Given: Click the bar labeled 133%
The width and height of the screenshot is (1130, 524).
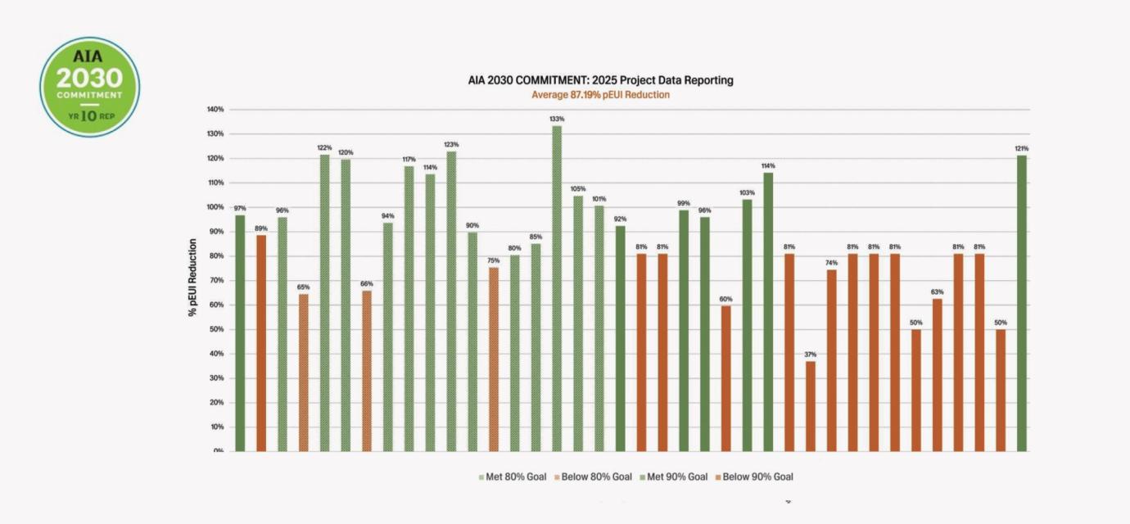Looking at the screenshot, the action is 557,288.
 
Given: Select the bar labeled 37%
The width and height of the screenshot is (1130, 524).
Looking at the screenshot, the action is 810,406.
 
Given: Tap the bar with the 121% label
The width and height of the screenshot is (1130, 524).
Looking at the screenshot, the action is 1022,303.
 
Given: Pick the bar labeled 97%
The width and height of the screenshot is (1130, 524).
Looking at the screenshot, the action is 240,333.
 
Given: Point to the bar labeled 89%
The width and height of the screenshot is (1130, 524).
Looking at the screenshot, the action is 261,343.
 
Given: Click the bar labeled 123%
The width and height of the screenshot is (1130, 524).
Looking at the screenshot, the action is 451,301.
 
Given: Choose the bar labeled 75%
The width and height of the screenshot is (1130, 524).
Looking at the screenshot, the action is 494,359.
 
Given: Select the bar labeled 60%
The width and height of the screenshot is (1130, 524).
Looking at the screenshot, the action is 725,378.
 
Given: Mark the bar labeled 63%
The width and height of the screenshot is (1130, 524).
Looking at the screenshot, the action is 937,375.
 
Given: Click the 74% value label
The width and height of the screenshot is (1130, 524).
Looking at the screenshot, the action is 831,263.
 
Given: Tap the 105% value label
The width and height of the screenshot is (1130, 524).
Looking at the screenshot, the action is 578,188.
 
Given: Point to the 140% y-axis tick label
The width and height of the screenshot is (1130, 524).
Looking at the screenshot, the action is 215,109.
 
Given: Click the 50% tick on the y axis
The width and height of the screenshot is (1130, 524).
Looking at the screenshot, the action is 217,329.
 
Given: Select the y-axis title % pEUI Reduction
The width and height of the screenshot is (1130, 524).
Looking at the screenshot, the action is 192,278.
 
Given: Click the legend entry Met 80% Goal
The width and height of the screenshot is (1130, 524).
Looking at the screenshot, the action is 513,477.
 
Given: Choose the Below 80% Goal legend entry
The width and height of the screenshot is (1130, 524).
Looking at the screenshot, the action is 593,477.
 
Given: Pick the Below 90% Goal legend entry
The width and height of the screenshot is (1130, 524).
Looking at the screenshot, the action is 755,477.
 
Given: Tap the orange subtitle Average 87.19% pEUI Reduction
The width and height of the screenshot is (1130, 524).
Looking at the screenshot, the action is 600,95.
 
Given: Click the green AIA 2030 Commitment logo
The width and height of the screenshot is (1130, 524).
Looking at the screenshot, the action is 90,87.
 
